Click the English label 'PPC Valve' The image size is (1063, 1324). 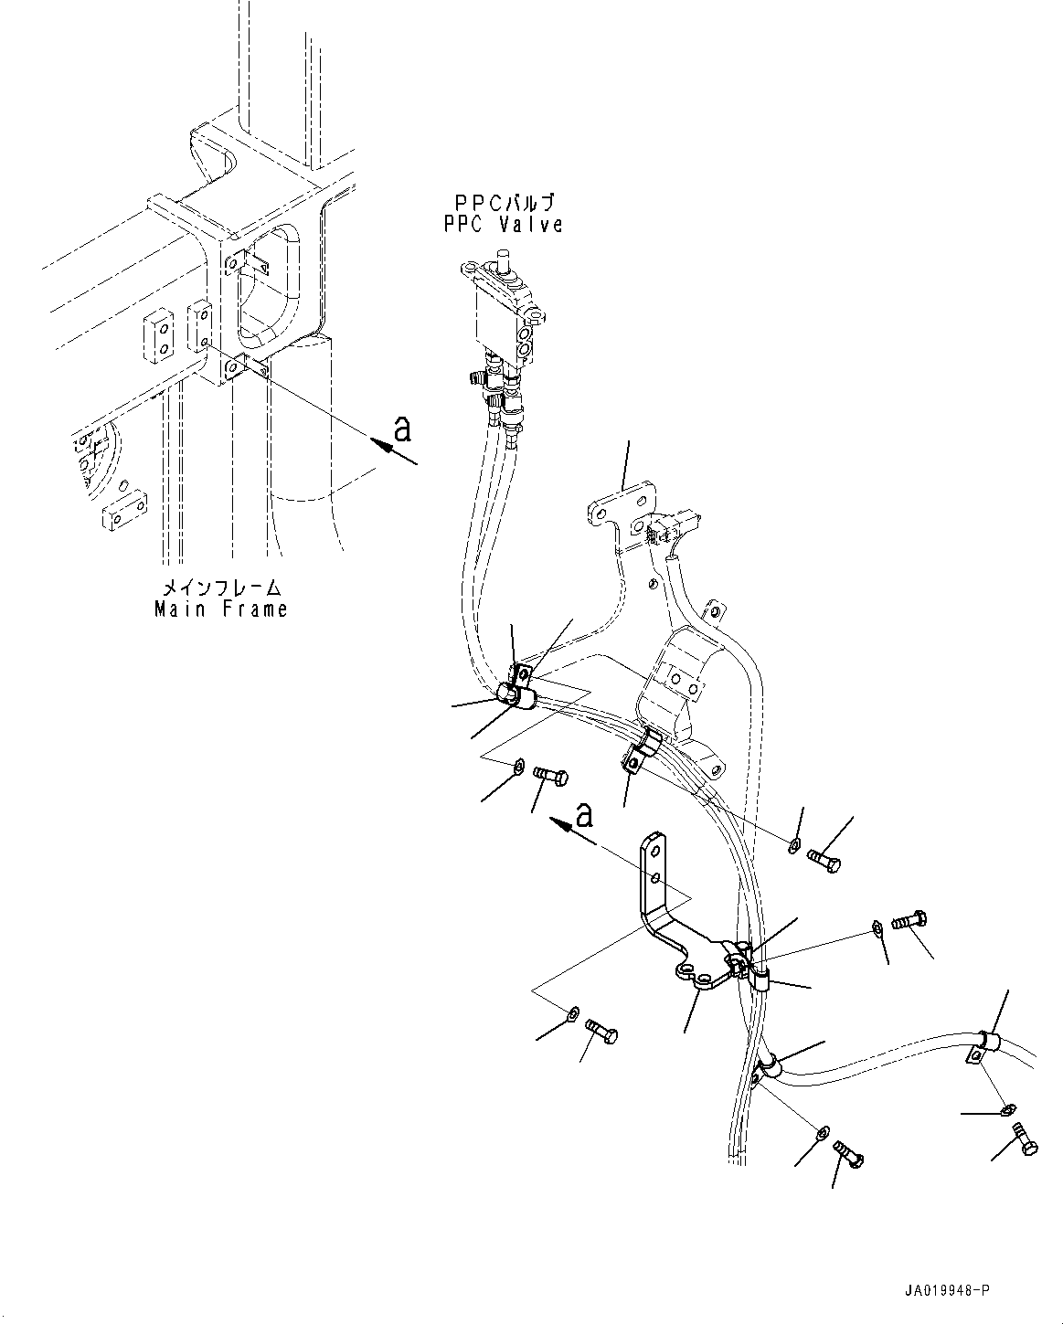click(x=504, y=225)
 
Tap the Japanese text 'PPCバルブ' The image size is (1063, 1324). click(x=504, y=203)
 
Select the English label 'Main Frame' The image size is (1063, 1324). click(x=220, y=609)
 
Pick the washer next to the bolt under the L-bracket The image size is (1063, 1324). click(x=572, y=1012)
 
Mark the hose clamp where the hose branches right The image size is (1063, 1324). click(x=766, y=1066)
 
